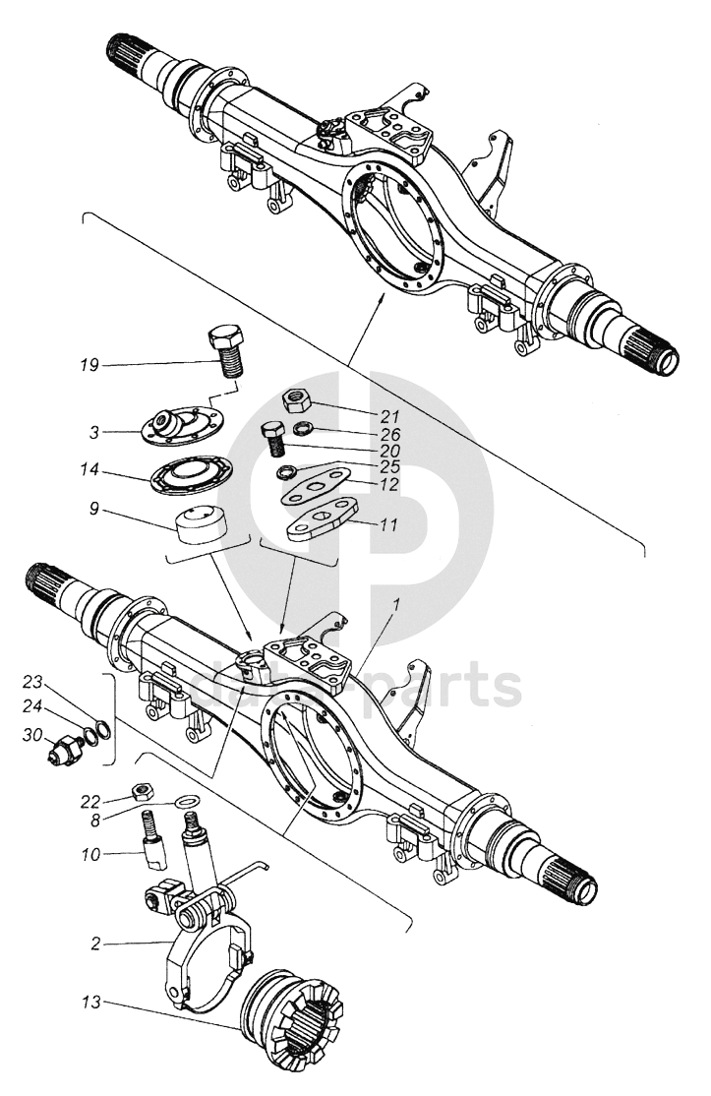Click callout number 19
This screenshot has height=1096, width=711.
pos(89,366)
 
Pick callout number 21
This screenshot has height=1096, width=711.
pos(374,413)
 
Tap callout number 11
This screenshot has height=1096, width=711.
pos(389,525)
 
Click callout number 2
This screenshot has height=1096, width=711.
pos(94,944)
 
